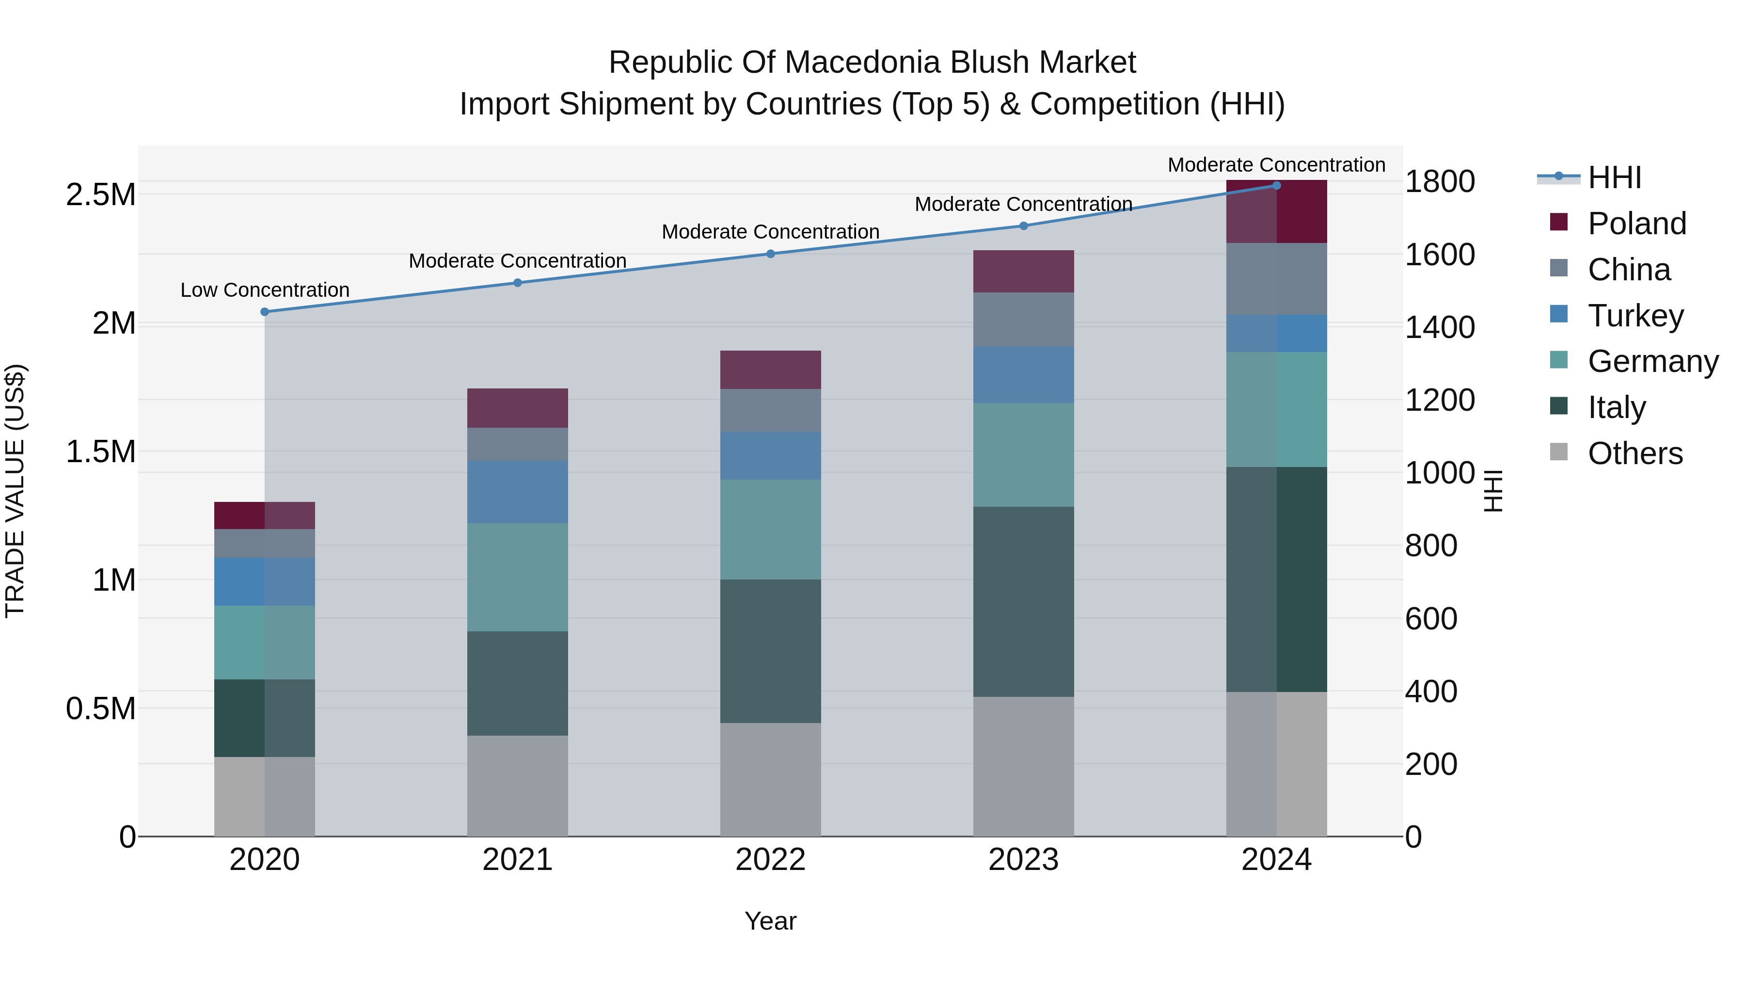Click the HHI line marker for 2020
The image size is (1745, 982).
(265, 312)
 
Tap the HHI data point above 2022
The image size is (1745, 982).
(770, 254)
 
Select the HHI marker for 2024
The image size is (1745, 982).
(1276, 186)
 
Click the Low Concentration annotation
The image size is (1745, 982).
(265, 290)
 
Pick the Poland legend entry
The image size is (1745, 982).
(1636, 224)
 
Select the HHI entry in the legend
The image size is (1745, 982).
(1614, 177)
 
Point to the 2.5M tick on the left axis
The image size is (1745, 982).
(100, 195)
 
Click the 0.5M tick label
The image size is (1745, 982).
(100, 709)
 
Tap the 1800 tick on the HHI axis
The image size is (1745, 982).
(1440, 182)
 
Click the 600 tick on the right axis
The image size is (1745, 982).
(1431, 619)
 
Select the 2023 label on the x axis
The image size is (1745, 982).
(1023, 860)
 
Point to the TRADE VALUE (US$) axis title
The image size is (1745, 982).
(15, 491)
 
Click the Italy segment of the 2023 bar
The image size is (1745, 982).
(1023, 602)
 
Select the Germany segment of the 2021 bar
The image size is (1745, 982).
(518, 578)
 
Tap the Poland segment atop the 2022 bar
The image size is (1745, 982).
(770, 370)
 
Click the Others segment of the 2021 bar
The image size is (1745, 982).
(518, 786)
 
